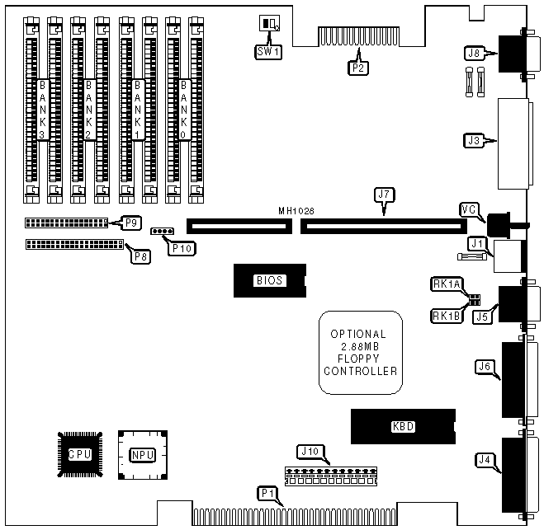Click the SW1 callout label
point(265,50)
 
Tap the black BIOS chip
point(269,280)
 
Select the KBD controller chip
point(403,427)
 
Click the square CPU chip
point(80,454)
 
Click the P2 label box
point(357,68)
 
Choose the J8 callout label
point(473,55)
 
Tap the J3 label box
point(473,140)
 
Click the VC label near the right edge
point(468,209)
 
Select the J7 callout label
point(382,195)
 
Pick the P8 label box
point(142,256)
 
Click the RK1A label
point(445,284)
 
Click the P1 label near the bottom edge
point(267,494)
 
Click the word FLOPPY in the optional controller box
point(363,359)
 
